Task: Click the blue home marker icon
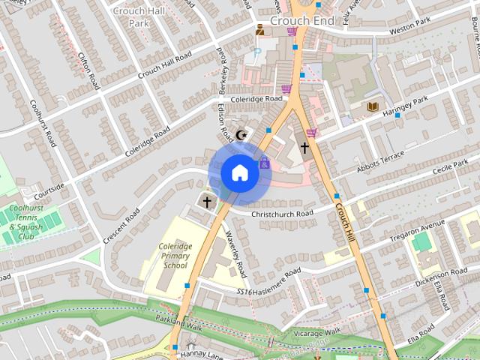coord(239,172)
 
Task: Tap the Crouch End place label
coord(301,21)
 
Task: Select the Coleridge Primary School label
coord(175,256)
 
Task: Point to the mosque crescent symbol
coord(241,135)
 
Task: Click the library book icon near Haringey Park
coord(372,107)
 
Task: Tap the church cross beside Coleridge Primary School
coord(207,202)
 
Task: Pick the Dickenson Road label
coord(442,273)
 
